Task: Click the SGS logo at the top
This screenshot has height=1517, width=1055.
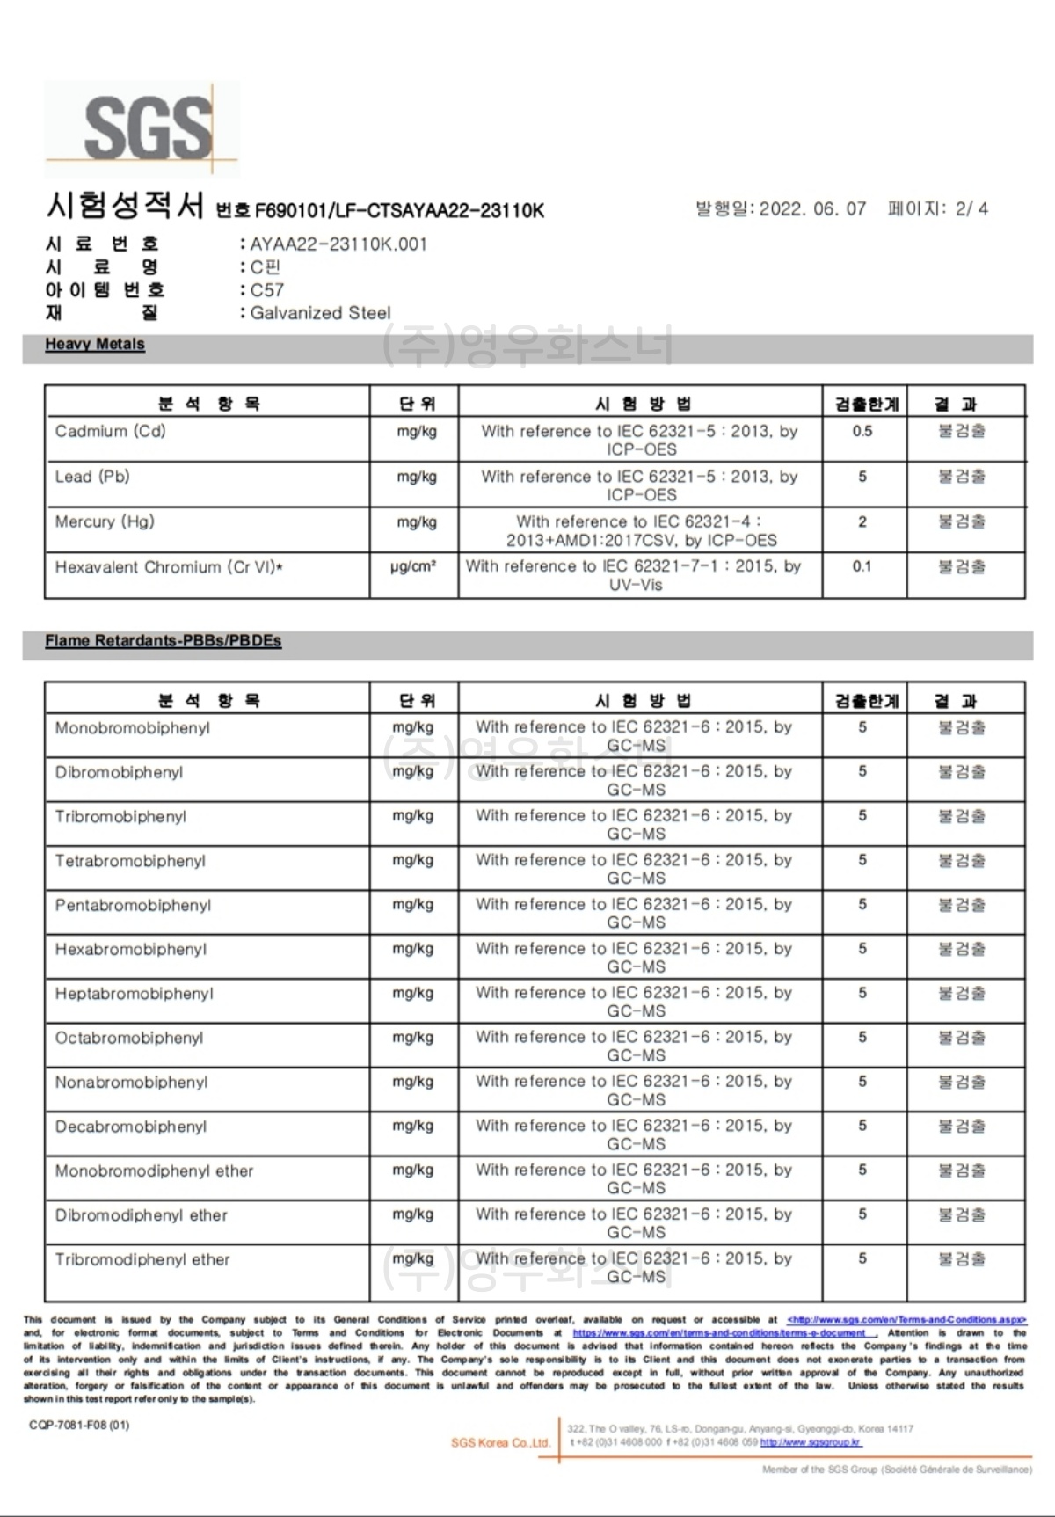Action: coord(143,129)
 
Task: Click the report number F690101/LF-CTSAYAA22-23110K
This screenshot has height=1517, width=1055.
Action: coord(399,211)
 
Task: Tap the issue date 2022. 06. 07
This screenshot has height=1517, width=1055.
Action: coord(812,209)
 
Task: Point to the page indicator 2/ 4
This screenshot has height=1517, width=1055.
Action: coord(971,209)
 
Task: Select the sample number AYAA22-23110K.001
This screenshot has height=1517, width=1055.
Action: coord(338,244)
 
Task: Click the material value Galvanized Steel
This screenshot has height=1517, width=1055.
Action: coord(320,313)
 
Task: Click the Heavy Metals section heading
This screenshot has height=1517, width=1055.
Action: coord(95,345)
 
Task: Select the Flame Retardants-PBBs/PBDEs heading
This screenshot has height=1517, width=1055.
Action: coord(164,641)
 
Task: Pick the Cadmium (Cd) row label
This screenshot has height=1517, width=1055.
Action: coord(110,431)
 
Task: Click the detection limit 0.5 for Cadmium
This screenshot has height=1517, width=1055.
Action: coord(862,431)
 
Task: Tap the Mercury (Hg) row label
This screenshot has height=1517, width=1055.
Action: coord(105,522)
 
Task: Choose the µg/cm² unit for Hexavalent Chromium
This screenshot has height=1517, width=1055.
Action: coord(413,567)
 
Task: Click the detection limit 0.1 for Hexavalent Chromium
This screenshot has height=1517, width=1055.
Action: coord(862,567)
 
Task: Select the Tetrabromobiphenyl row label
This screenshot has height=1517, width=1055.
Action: coord(130,861)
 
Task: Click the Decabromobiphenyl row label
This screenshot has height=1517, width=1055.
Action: coord(131,1127)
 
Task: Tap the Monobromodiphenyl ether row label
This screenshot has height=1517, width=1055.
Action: coord(154,1171)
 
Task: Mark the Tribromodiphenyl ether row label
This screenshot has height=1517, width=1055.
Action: coord(142,1260)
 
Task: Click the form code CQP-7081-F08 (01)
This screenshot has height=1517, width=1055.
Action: coord(79,1425)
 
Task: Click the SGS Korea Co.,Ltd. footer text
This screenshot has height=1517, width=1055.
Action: coord(500,1443)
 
